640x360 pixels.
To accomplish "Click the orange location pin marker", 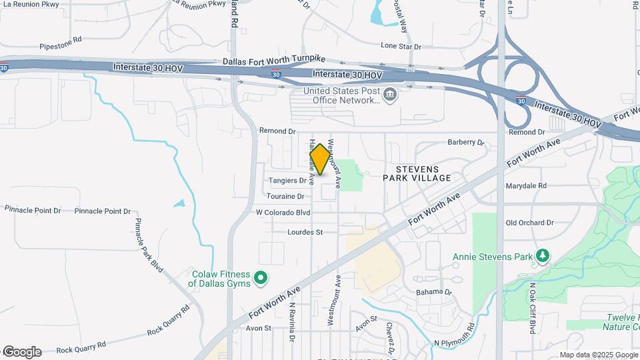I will [320, 159].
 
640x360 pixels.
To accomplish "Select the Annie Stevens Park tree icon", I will [543, 256].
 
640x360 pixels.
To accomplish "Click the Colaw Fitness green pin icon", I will [261, 278].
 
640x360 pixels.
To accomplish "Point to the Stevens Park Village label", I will [417, 173].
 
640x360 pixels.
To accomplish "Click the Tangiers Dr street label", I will [287, 181].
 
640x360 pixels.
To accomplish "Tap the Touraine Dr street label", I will [285, 197].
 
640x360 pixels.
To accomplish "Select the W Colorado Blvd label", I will [283, 213].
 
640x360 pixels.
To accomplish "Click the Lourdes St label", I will [305, 232].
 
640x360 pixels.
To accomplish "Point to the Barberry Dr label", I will [465, 142].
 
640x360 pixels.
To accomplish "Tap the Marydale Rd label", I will [526, 186].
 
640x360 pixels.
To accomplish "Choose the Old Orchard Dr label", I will [530, 223].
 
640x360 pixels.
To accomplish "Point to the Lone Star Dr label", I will [401, 47].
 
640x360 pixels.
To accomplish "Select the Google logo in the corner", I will [21, 351].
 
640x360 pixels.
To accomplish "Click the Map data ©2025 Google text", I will [599, 355].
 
